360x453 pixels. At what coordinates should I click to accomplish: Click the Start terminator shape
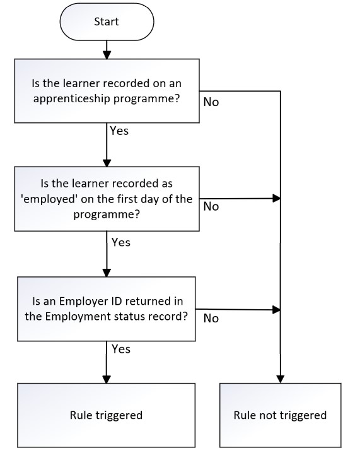107,21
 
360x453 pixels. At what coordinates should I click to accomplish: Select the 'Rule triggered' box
107,415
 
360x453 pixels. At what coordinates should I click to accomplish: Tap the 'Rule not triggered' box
281,415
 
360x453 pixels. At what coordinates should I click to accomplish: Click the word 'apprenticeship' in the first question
72,99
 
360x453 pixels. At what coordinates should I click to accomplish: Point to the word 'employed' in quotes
49,199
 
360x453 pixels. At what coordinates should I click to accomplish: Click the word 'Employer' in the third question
83,302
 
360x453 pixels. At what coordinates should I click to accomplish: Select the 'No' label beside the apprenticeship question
211,102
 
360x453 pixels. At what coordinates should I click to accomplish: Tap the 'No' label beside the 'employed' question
211,206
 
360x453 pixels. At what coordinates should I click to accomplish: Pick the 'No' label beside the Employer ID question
211,318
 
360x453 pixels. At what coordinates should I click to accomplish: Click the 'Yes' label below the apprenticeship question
119,131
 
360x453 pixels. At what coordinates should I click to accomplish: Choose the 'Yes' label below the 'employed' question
120,242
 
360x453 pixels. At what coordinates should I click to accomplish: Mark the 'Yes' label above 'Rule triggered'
120,349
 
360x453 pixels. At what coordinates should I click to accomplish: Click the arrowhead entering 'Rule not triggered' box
281,379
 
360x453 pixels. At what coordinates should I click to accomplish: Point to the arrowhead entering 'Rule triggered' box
107,379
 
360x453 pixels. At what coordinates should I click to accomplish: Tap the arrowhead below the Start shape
107,55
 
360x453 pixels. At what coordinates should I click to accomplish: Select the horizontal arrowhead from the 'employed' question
277,199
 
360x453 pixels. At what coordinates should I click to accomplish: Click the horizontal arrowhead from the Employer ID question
277,310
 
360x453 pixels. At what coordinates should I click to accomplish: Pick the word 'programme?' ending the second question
107,215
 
